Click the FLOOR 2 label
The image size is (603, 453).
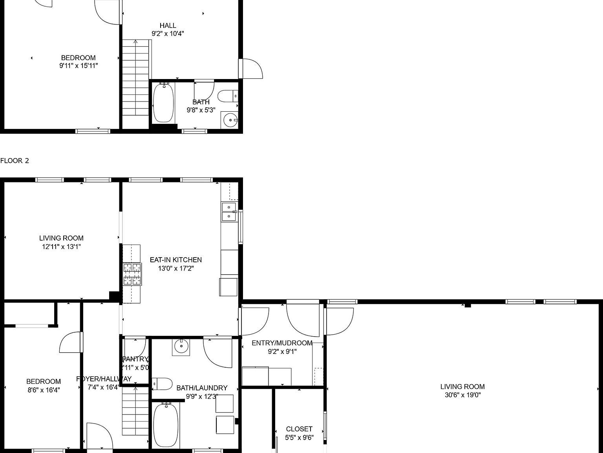[x=15, y=160]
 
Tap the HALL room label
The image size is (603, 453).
[x=168, y=26]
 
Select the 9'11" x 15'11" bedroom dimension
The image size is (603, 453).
[x=79, y=66]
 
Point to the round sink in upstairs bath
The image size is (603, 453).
[x=230, y=120]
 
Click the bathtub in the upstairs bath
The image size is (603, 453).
[x=163, y=103]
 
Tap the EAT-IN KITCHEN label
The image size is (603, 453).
[x=176, y=260]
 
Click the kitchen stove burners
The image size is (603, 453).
[x=132, y=274]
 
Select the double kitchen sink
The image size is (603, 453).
[x=229, y=212]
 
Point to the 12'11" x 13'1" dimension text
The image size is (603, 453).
[x=62, y=247]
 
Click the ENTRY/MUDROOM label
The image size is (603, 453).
[x=282, y=343]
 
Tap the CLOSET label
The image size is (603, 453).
[x=299, y=429]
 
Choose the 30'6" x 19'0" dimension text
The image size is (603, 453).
[x=462, y=395]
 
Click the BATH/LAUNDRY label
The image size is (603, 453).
[x=202, y=388]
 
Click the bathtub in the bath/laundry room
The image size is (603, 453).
[x=165, y=425]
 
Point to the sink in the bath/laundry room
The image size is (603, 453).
[x=181, y=347]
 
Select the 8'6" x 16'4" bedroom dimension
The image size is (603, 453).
[x=43, y=390]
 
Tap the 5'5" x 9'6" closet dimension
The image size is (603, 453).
[x=299, y=438]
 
